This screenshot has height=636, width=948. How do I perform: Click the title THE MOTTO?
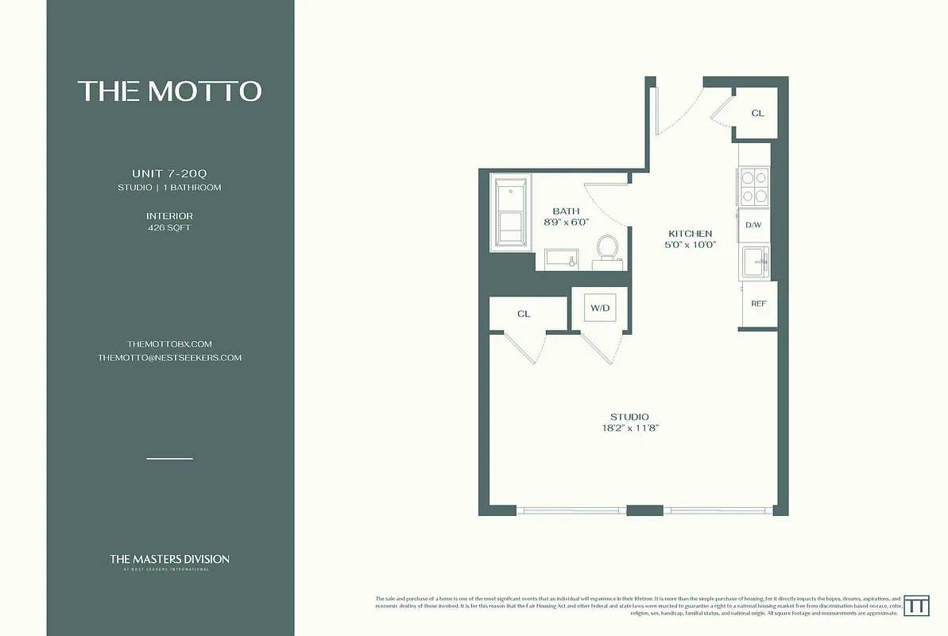point(169,91)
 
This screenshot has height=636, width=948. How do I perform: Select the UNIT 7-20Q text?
point(169,173)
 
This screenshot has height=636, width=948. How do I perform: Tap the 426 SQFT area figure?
point(169,228)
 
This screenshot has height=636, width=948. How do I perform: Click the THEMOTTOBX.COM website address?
point(169,343)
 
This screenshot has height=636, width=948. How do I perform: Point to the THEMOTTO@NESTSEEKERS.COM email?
point(169,358)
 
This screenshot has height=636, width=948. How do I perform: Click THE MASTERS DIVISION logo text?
point(169,560)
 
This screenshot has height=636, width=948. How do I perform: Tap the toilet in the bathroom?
point(608,248)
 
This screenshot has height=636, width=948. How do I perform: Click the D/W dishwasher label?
point(753,225)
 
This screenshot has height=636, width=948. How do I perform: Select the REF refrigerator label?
point(758,304)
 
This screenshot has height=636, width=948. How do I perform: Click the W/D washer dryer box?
point(599,308)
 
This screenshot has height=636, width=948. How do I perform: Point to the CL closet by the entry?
point(757,113)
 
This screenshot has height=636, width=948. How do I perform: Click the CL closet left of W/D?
point(524,314)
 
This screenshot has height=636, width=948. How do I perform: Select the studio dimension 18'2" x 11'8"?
point(629,429)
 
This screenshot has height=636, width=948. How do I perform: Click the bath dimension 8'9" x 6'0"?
point(566,223)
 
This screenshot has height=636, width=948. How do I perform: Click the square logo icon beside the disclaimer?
point(917,605)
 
